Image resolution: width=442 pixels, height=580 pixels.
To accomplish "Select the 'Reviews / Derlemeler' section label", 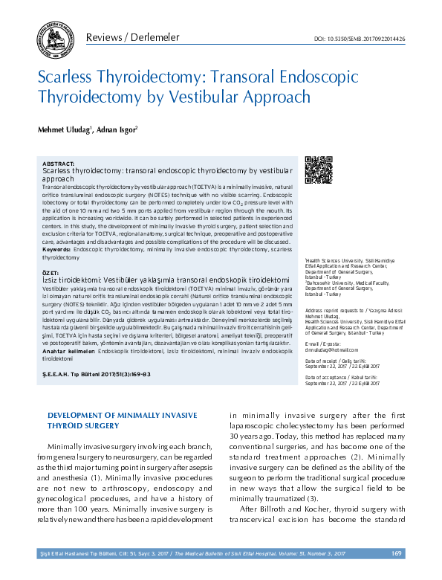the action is point(131,37).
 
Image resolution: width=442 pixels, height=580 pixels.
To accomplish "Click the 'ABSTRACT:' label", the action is point(59,163).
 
